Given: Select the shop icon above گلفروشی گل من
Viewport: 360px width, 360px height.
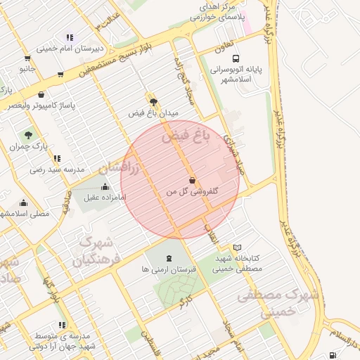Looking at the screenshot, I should (x=193, y=179).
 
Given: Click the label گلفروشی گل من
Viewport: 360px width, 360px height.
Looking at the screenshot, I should (x=193, y=191).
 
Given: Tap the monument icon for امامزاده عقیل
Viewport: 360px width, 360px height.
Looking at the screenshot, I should (x=105, y=186).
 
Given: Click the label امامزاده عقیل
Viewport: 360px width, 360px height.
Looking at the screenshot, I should (x=103, y=198).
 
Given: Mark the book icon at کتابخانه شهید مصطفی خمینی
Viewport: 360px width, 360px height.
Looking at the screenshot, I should (x=237, y=247).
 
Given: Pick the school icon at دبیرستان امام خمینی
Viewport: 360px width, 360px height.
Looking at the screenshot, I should (x=69, y=37).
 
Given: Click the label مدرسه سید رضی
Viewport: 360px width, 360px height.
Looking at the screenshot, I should (x=57, y=169).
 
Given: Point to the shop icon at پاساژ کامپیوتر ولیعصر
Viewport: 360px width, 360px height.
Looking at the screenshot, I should (x=41, y=95).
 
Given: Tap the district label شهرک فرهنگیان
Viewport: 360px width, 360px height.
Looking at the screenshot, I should (x=97, y=252).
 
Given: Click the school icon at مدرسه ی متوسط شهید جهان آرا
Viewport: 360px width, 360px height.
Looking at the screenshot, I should (x=62, y=326).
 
